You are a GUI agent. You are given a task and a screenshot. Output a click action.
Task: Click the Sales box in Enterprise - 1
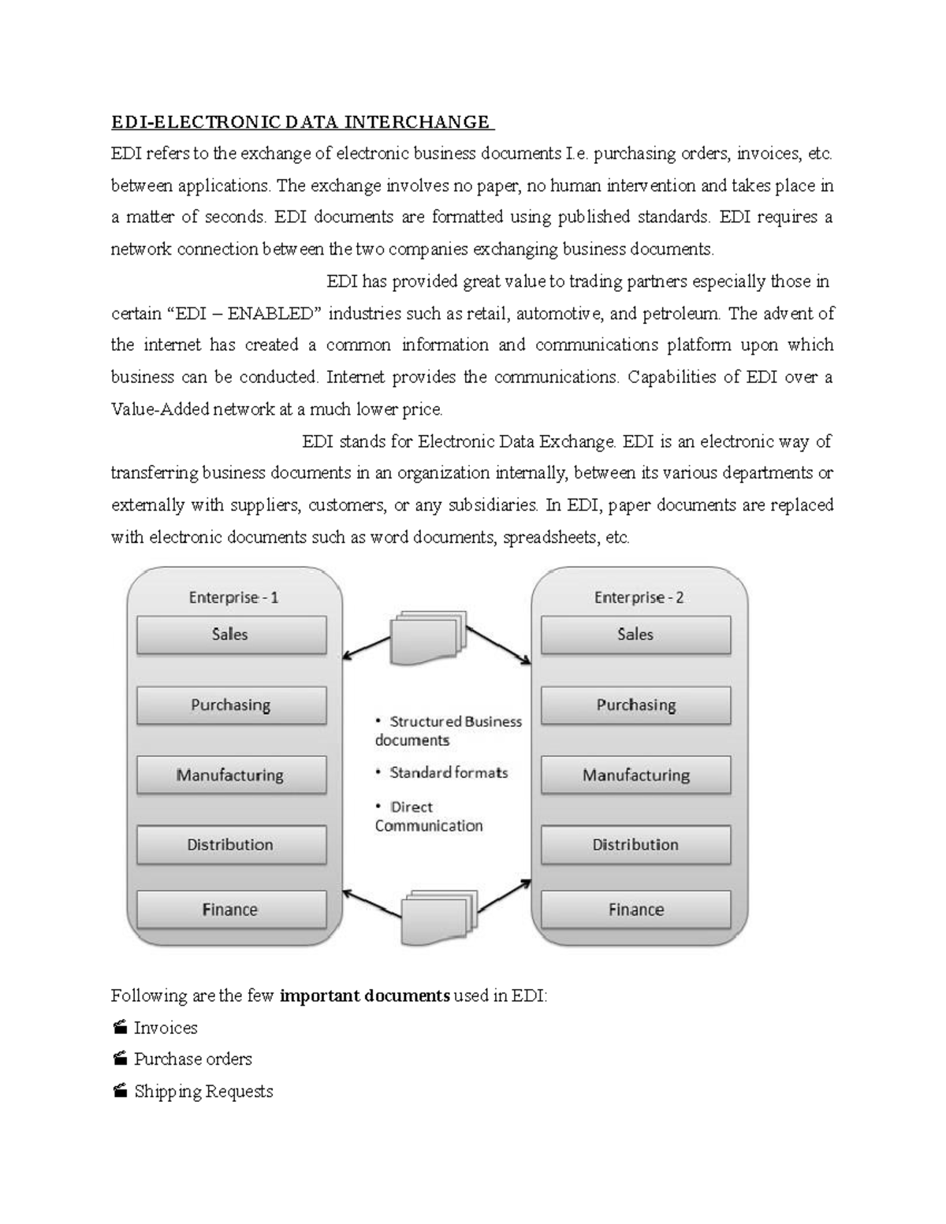pos(231,634)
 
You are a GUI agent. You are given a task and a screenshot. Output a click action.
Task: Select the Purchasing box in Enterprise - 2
pos(635,705)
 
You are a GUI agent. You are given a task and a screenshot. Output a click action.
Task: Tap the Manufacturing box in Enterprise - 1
pos(231,776)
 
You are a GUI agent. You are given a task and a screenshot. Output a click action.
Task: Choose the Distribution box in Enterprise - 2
pos(635,845)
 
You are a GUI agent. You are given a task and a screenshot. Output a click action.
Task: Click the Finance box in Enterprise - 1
pos(231,910)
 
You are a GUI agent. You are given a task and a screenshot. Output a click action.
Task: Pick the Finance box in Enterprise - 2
pos(635,910)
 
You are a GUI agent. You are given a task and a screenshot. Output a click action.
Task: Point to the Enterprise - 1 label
pos(233,597)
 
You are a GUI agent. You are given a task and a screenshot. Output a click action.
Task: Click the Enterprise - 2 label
pos(639,597)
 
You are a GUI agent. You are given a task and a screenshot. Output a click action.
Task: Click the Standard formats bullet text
pos(448,773)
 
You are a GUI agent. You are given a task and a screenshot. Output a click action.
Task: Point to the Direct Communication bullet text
pos(429,817)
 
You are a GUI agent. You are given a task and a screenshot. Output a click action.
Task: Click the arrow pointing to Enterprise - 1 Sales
pos(366,647)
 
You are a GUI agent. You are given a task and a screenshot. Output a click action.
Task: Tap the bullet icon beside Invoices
pos(120,1027)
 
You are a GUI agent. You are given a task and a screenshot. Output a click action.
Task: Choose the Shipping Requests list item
pos(203,1092)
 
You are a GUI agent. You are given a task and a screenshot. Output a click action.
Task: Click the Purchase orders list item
pos(192,1059)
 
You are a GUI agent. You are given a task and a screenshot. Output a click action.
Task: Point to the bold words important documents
pos(364,995)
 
